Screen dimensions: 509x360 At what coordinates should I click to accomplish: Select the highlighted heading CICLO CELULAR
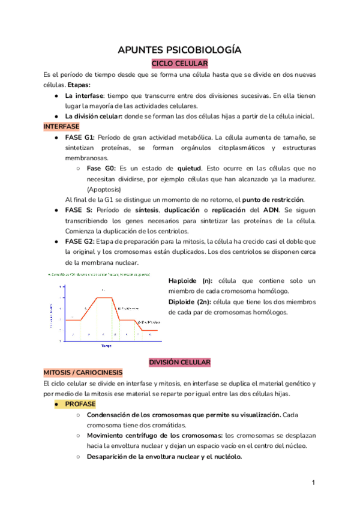click(179, 63)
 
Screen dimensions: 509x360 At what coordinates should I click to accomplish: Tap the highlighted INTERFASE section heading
click(61, 127)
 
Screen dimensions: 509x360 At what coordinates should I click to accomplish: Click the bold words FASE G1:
click(80, 137)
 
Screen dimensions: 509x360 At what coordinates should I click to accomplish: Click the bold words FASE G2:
click(80, 241)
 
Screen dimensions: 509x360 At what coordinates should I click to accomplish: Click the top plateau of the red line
click(104, 297)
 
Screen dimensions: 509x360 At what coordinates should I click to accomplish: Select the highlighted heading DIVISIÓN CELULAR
click(179, 363)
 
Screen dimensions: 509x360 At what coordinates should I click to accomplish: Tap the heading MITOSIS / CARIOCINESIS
click(83, 373)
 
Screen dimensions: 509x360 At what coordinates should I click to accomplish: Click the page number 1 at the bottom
click(313, 483)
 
